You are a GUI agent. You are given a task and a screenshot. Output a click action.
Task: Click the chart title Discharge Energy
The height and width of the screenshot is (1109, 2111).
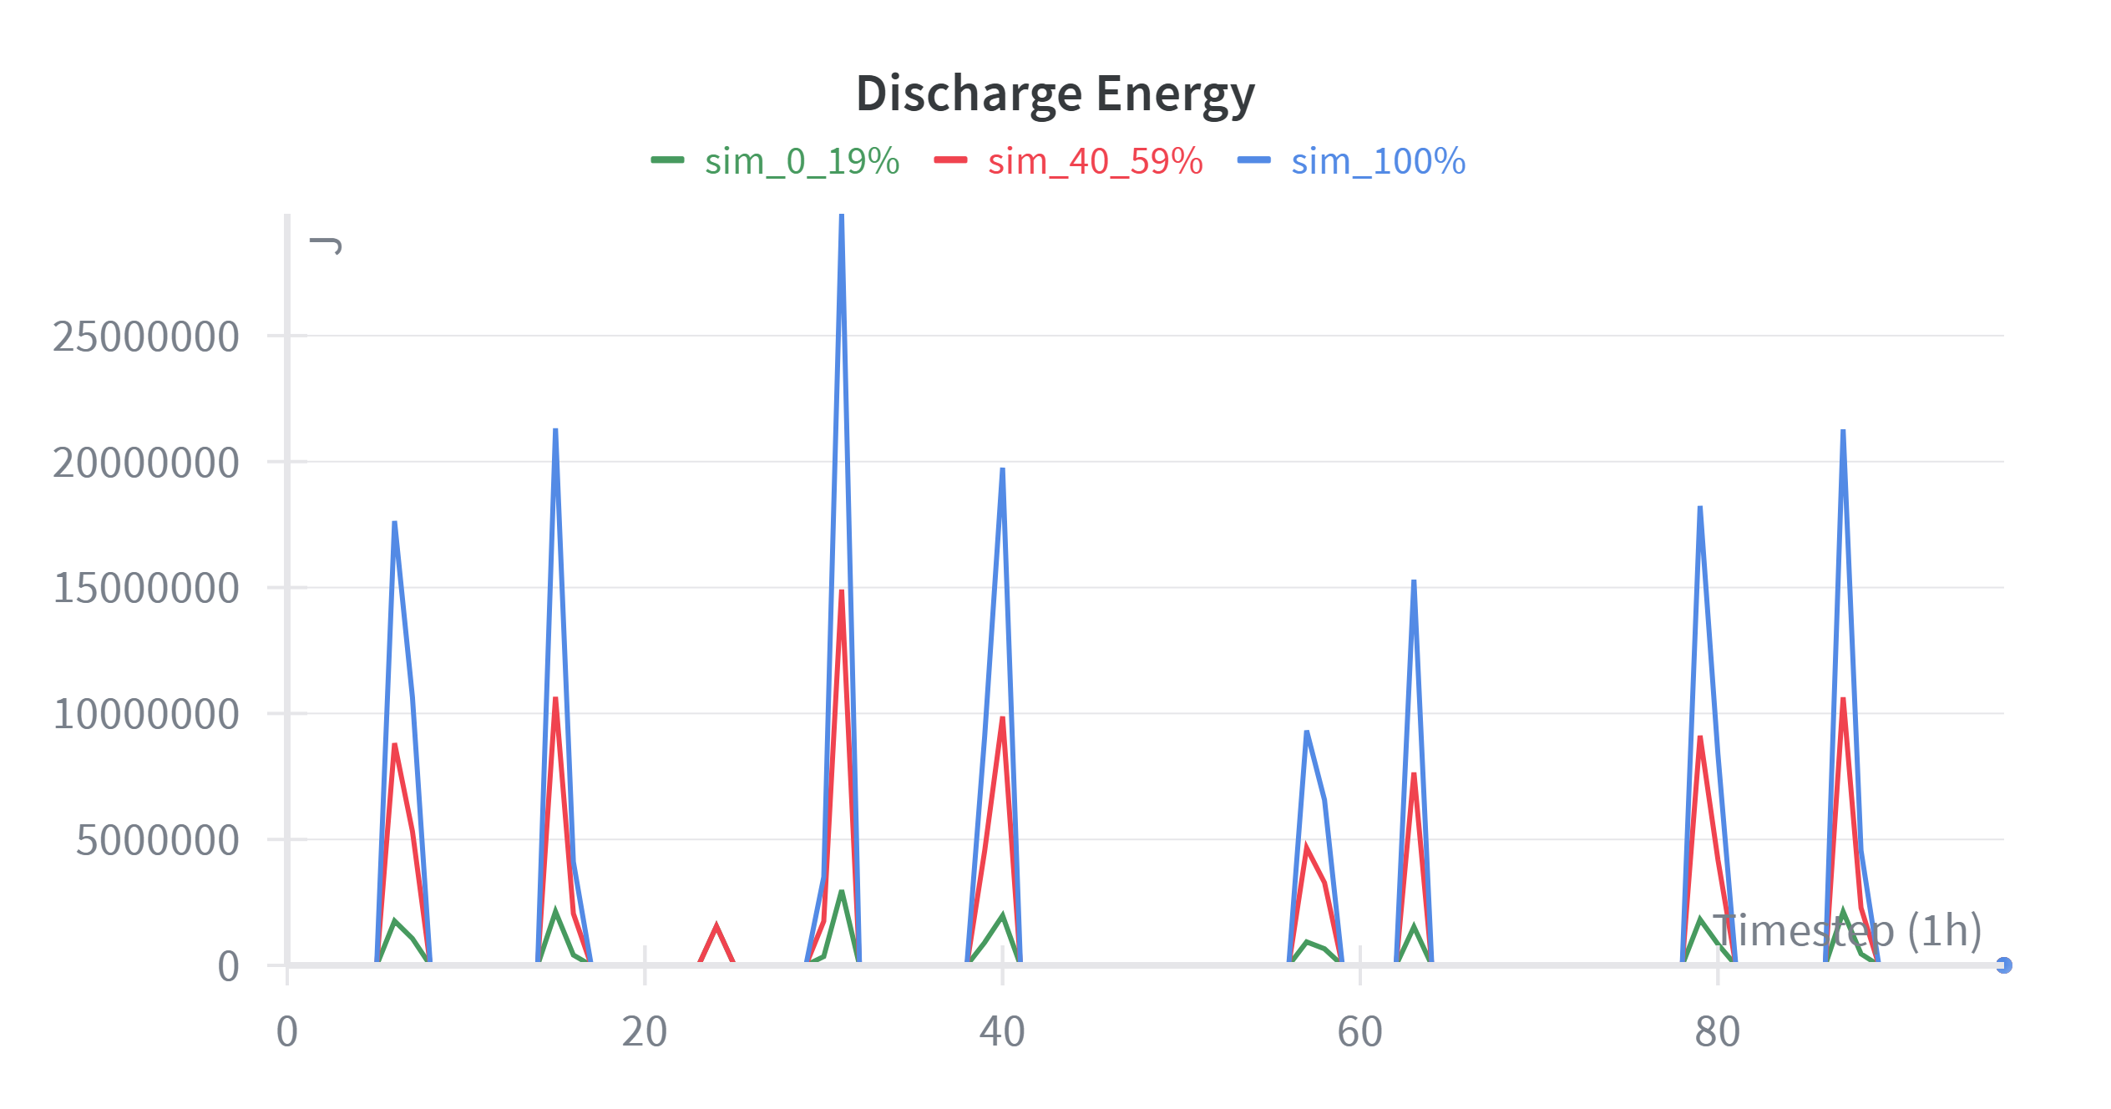[x=1055, y=93]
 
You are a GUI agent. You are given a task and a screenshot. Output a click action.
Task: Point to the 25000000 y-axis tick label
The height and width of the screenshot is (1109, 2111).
[x=146, y=337]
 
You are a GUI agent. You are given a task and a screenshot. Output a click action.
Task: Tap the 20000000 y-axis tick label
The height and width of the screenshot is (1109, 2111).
[x=146, y=463]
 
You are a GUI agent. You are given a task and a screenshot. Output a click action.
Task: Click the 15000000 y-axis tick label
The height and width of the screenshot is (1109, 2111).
[x=146, y=589]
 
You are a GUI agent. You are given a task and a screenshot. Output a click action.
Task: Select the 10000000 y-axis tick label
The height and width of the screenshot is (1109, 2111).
[x=146, y=715]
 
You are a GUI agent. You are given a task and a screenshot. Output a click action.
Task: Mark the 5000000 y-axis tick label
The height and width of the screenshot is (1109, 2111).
[x=158, y=840]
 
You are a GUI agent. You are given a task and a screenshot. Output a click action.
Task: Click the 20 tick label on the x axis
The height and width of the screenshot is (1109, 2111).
[x=645, y=1031]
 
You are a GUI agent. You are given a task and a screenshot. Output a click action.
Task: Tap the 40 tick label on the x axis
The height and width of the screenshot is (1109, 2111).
[x=1002, y=1031]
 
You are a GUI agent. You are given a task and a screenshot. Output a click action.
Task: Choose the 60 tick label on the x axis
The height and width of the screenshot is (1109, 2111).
[x=1359, y=1031]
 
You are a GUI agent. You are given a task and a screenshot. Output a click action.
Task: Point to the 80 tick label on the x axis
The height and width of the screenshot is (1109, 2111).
[x=1718, y=1031]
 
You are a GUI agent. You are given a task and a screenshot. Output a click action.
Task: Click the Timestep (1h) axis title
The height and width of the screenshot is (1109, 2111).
[x=1847, y=930]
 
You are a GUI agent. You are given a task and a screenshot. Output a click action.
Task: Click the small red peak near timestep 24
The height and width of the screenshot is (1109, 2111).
[x=716, y=926]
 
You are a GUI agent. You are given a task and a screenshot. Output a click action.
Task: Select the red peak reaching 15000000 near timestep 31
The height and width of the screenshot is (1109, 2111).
[x=842, y=591]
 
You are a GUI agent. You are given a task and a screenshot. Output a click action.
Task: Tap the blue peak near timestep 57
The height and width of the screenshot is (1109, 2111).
[x=1307, y=732]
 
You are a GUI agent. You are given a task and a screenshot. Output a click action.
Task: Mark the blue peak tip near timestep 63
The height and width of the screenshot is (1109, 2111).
[x=1414, y=581]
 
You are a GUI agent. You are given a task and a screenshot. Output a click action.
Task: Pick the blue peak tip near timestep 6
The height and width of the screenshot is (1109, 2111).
[x=395, y=523]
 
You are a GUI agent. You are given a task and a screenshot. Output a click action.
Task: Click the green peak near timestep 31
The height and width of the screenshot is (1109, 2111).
[x=842, y=892]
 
